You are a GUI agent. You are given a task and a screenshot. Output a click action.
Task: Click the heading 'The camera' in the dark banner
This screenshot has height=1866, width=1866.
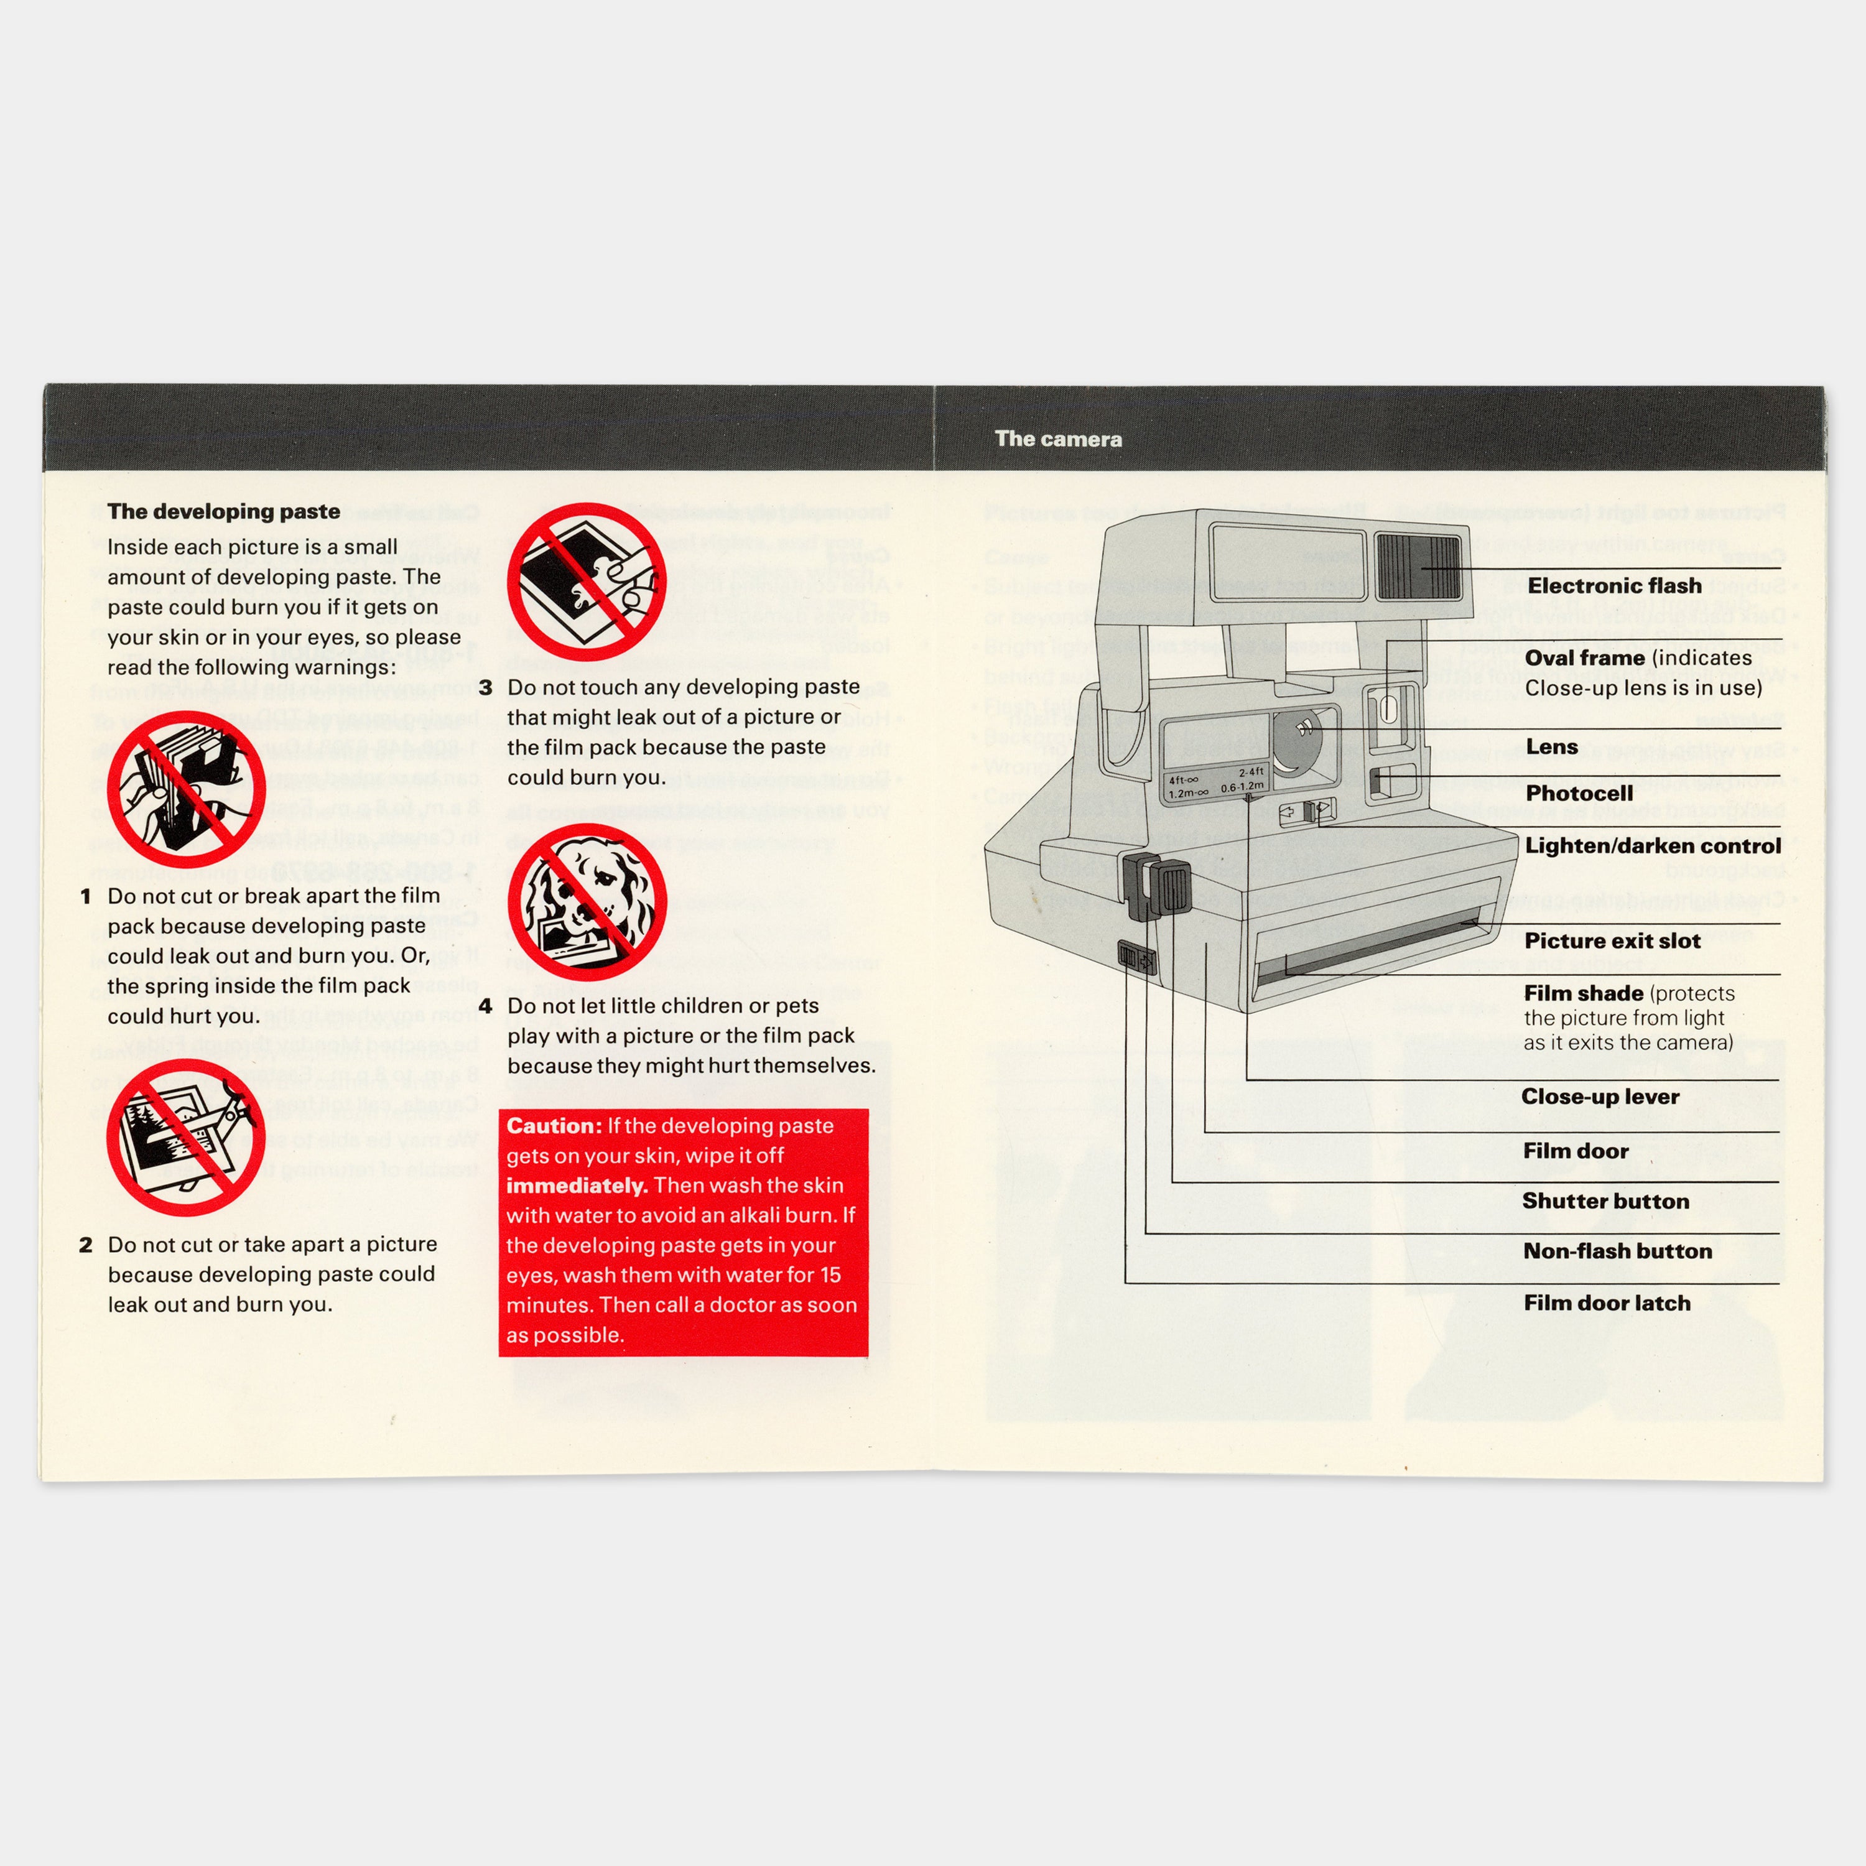(1059, 440)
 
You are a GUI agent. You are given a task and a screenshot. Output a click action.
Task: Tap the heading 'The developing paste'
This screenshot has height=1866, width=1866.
(223, 512)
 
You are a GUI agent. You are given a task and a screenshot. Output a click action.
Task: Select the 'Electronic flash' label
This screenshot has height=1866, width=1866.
(1614, 587)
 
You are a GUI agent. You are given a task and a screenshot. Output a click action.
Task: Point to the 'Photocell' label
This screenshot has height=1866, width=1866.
(1579, 793)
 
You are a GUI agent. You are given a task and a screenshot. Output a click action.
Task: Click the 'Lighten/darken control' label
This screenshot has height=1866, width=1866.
(1653, 846)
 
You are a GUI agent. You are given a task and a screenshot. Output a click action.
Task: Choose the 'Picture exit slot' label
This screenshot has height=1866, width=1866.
(1612, 940)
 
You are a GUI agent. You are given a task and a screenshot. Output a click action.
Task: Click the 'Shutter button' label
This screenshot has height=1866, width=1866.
(1605, 1202)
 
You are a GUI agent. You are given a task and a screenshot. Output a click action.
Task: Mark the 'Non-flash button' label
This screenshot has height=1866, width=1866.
(1617, 1251)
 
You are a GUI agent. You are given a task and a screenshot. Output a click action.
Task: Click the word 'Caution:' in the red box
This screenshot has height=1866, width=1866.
(554, 1126)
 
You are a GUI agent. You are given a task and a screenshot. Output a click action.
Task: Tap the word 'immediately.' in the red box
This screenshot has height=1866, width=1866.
(575, 1186)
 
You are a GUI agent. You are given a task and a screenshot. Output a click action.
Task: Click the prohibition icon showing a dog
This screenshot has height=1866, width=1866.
(587, 903)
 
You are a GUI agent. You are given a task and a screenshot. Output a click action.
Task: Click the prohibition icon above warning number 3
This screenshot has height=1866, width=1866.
(587, 582)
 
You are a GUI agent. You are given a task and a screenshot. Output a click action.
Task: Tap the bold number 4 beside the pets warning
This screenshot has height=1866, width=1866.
(485, 1006)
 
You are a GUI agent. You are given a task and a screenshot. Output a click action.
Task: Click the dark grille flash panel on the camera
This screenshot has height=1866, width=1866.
(1419, 566)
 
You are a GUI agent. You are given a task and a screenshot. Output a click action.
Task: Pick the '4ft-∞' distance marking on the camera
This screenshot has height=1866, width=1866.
(1183, 779)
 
